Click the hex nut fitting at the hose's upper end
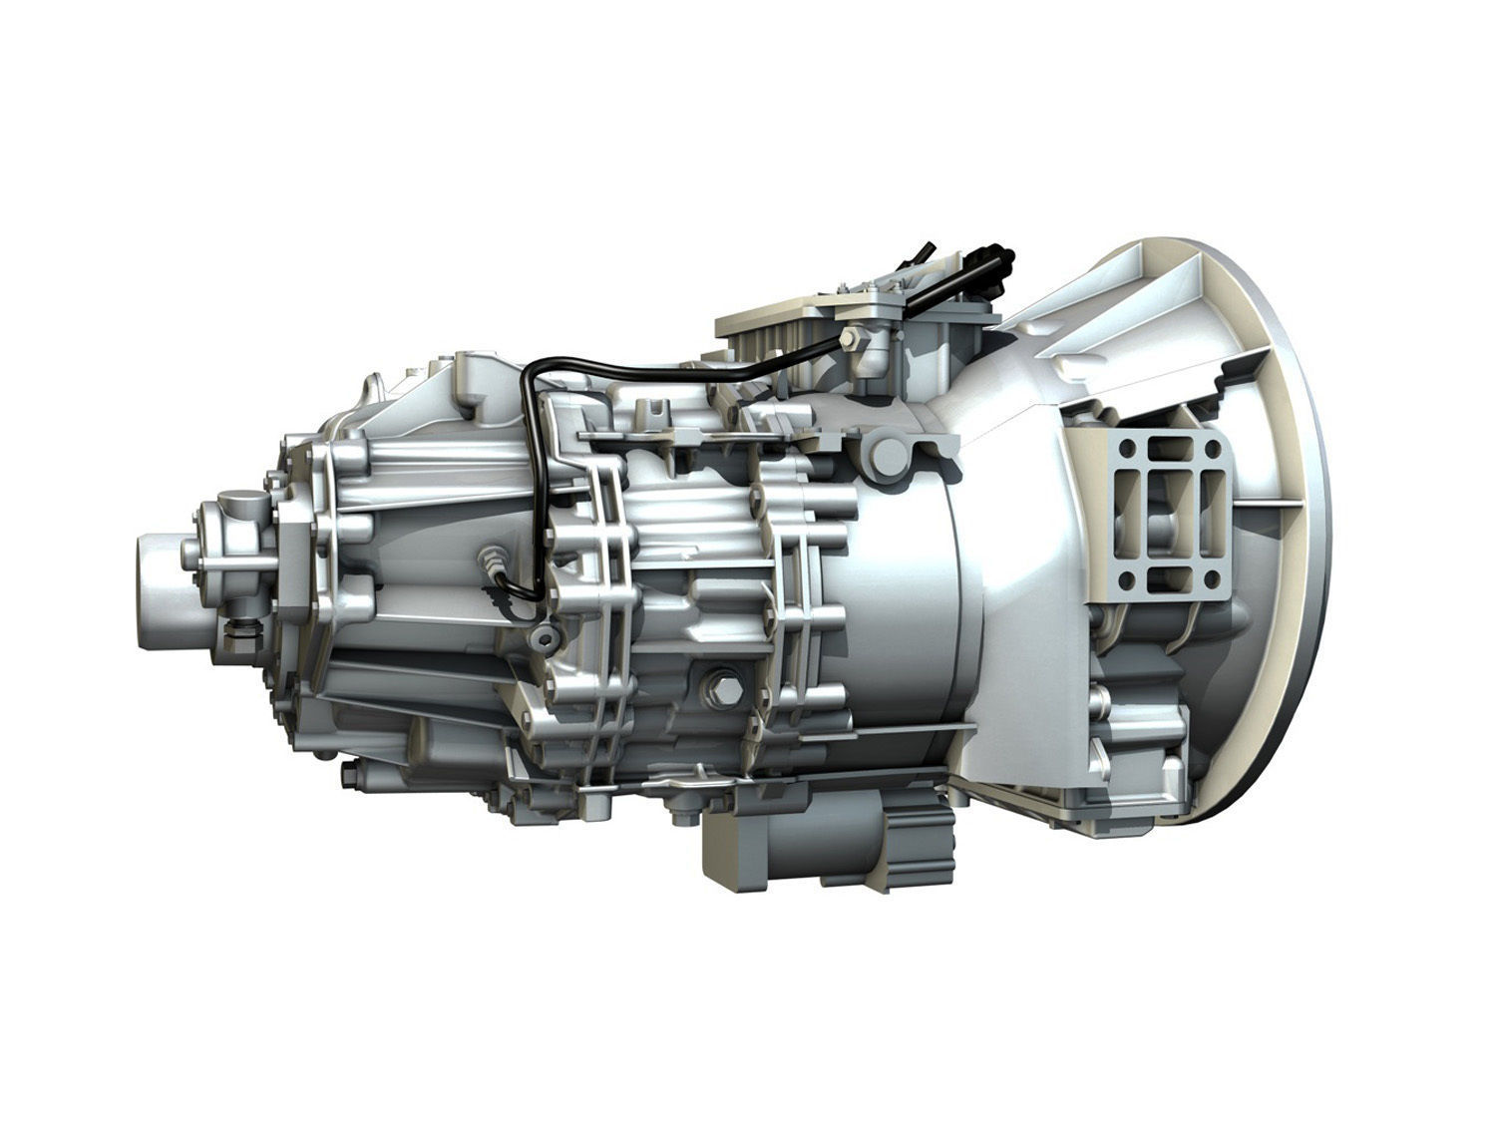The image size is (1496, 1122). [x=851, y=339]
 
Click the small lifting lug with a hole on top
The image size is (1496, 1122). [x=655, y=410]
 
